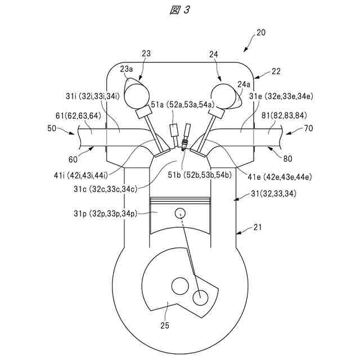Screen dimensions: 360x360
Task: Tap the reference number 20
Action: [261, 33]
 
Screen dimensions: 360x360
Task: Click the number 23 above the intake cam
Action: [146, 53]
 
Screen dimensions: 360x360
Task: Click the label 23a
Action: [127, 69]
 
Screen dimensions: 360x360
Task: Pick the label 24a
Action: [244, 84]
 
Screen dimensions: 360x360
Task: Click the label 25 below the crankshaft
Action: [165, 325]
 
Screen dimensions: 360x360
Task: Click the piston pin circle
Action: [180, 213]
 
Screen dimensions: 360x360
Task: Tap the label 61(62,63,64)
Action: [78, 116]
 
